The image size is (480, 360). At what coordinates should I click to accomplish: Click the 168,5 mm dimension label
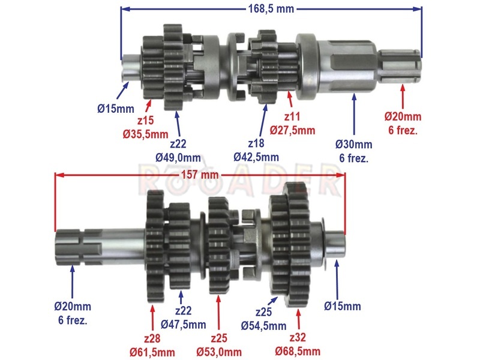(271, 9)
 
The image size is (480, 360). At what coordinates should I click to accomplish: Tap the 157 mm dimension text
(200, 175)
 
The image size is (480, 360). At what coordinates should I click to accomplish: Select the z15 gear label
(145, 121)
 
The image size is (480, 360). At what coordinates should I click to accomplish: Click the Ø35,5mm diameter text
(145, 134)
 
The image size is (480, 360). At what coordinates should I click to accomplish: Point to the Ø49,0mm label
(178, 158)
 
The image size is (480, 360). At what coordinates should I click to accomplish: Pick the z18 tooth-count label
(256, 143)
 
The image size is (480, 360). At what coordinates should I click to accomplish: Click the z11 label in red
(292, 116)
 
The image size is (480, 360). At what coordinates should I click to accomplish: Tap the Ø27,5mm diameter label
(292, 130)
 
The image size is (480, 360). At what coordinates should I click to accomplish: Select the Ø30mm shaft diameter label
(354, 144)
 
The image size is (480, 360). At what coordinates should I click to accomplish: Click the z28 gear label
(152, 338)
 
